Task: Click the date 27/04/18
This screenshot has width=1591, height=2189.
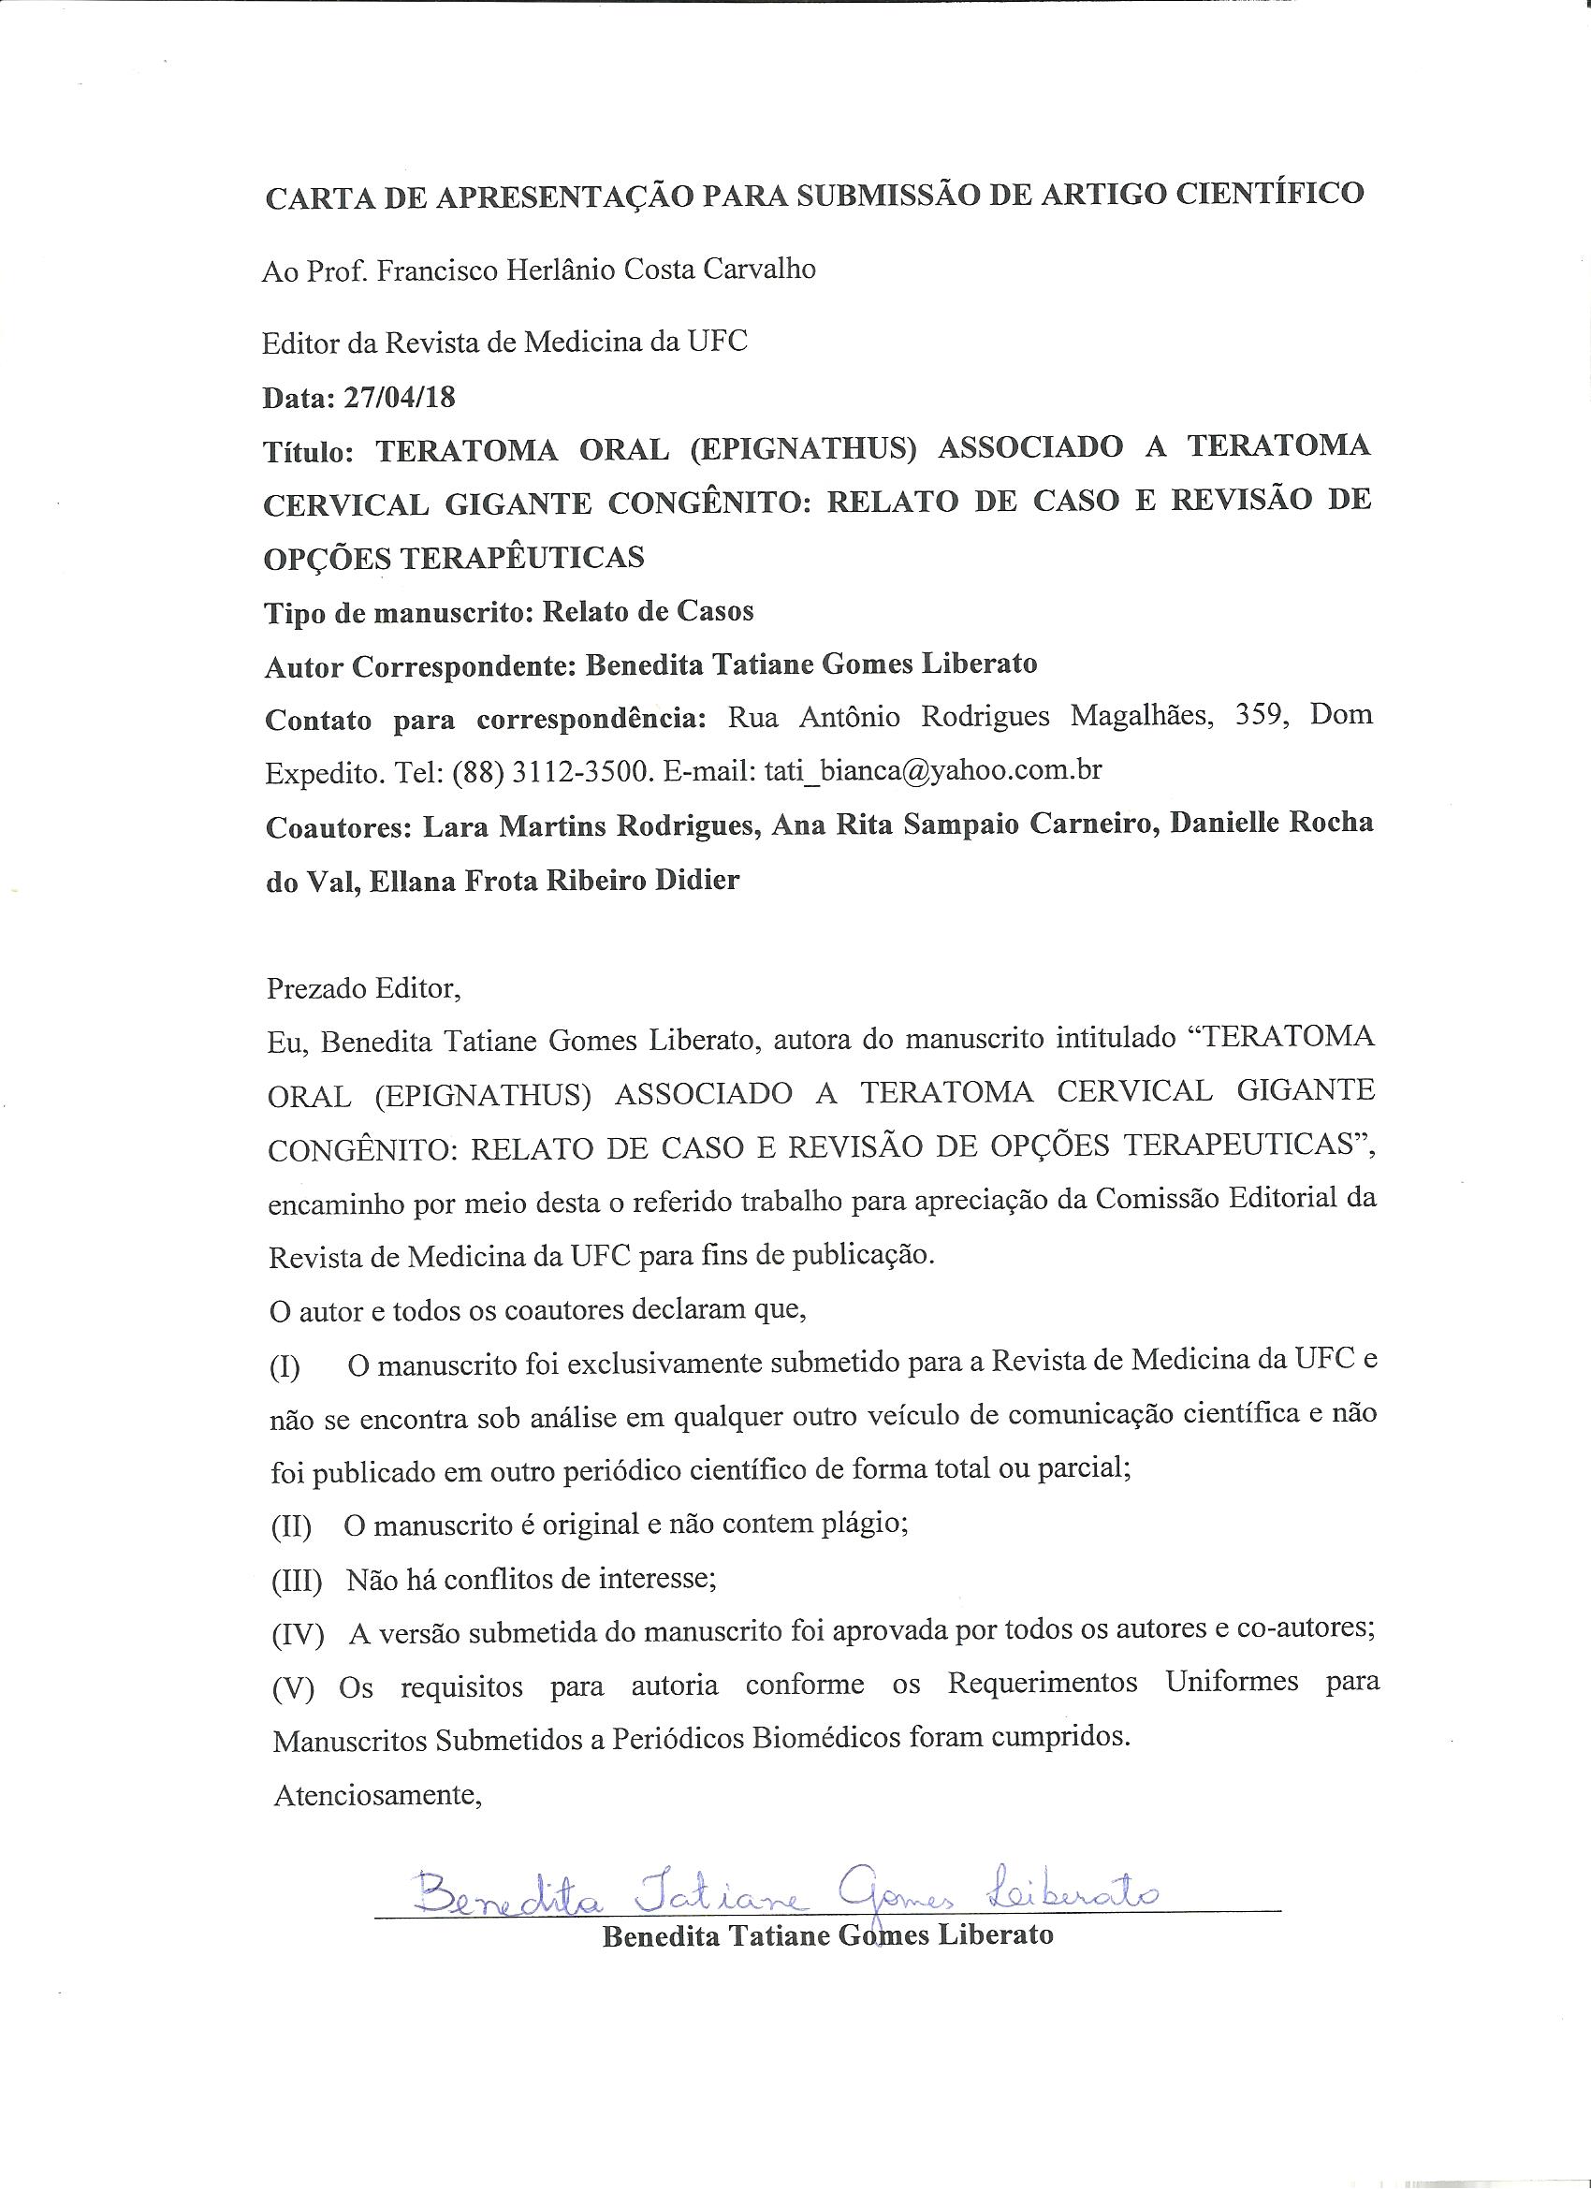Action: pos(399,397)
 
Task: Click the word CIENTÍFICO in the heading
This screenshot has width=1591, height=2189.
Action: pos(1268,193)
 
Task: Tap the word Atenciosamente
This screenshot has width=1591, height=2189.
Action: pos(378,1794)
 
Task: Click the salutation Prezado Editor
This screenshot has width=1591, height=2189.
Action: pos(364,988)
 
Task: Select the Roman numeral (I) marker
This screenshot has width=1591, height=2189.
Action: pos(285,1366)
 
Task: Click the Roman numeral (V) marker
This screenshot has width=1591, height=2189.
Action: pos(294,1687)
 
